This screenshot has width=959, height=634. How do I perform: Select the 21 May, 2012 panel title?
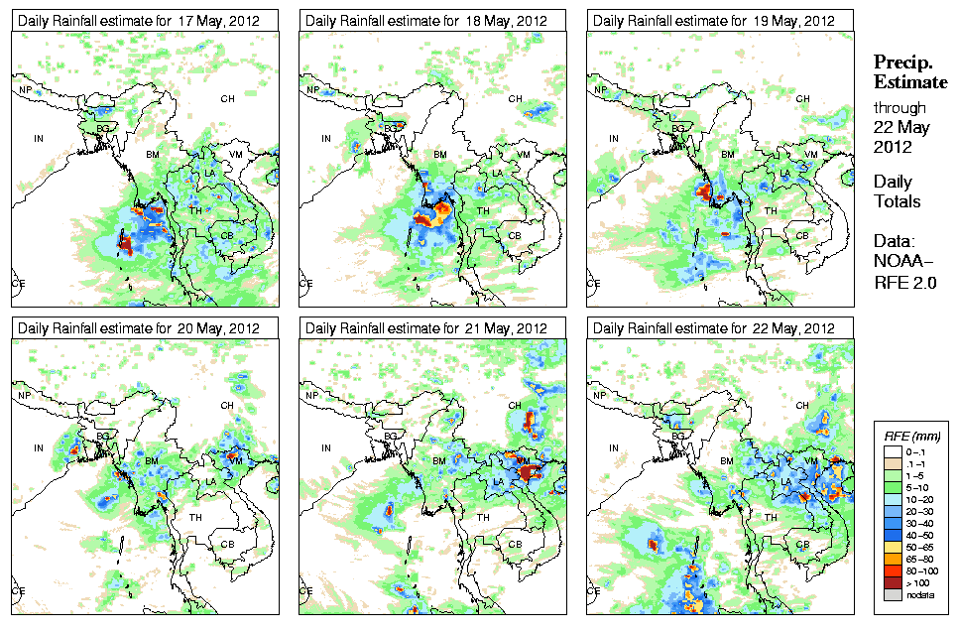tap(426, 328)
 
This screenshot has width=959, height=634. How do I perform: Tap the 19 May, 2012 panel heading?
tap(713, 20)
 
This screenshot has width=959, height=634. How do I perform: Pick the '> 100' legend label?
tap(917, 582)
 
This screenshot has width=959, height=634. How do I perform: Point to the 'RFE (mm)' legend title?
tap(911, 436)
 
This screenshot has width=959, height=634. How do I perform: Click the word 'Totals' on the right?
tap(897, 201)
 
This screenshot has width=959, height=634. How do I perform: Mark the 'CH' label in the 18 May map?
tap(515, 98)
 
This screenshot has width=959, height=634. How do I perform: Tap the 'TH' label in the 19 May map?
tap(770, 210)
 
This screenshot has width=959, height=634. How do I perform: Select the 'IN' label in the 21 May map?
tap(326, 447)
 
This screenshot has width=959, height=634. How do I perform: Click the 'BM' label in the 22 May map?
tap(727, 462)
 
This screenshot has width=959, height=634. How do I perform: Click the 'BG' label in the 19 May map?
tap(678, 128)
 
